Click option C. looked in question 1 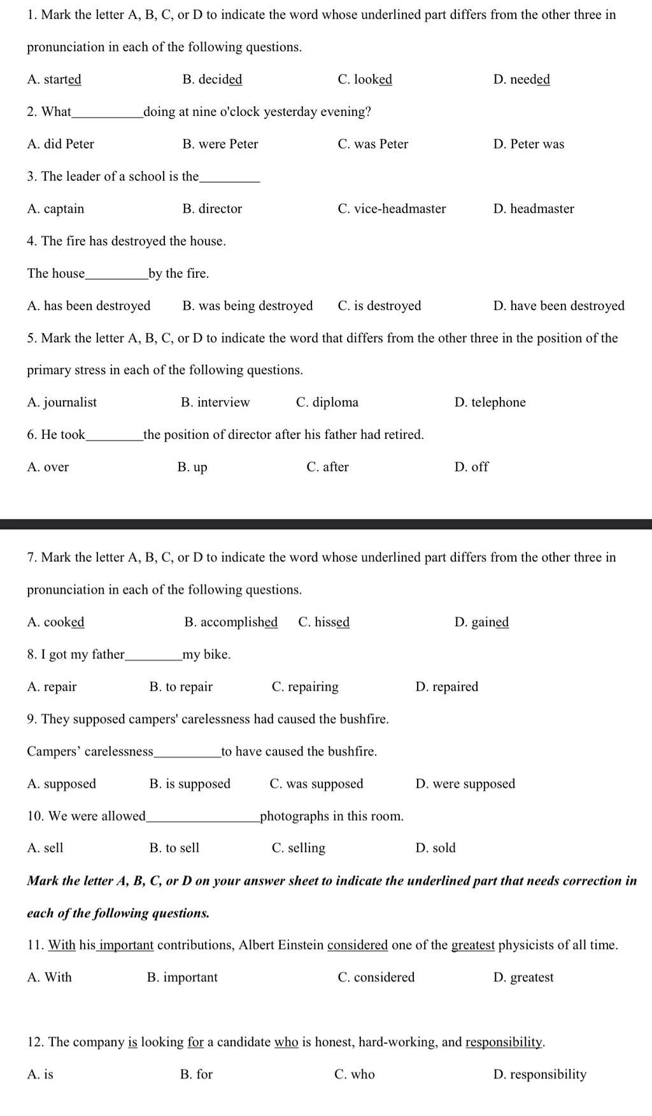click(365, 80)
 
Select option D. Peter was click(528, 145)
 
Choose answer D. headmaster click(534, 209)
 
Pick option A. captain click(55, 209)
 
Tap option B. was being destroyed click(247, 306)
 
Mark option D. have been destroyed click(558, 306)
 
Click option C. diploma click(327, 403)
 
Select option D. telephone click(490, 403)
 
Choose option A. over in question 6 click(48, 468)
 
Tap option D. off click(471, 468)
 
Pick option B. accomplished click(230, 622)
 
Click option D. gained click(481, 622)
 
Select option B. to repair click(181, 687)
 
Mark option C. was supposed click(316, 784)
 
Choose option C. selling click(298, 848)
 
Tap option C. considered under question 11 click(376, 978)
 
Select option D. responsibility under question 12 click(539, 1075)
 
